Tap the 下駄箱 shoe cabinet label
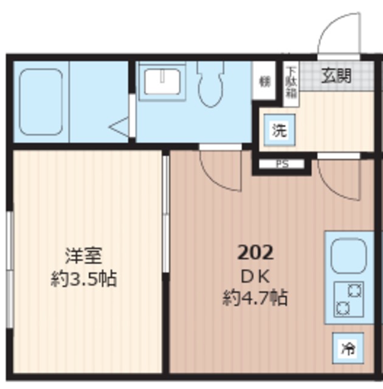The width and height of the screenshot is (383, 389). pos(292,81)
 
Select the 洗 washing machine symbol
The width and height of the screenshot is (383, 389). pos(278,129)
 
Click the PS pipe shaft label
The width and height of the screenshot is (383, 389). pos(282,164)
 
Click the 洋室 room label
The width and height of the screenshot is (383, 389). pos(84,255)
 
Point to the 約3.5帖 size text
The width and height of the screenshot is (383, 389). pos(84,280)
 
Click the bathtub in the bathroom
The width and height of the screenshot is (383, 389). pos(41,102)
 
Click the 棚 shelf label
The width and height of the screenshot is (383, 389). pos(264,81)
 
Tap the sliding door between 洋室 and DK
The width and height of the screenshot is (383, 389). pos(165,213)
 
